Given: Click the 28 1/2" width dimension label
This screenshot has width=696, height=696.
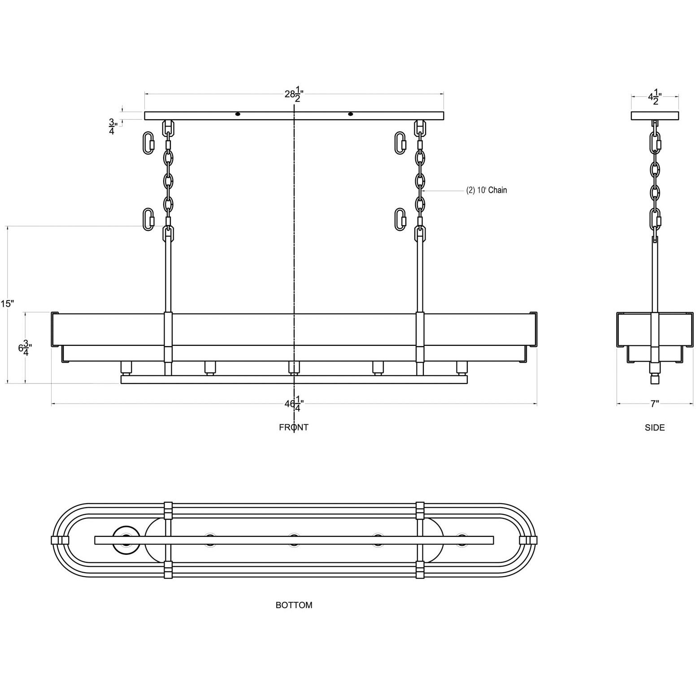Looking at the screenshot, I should click(294, 94).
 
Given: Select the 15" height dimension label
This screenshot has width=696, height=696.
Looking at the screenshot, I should click(7, 304).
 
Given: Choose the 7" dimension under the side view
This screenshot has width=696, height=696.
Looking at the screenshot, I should click(655, 404).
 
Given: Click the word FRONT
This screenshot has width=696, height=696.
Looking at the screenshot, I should click(294, 427).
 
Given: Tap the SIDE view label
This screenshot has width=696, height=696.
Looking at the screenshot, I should click(655, 428).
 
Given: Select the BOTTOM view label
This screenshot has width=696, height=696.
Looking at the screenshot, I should click(294, 605).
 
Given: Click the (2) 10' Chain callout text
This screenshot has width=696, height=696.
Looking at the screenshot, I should click(487, 190).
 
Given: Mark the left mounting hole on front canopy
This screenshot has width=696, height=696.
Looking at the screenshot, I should click(238, 114).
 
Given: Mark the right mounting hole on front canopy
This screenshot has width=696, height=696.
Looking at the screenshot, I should click(351, 114).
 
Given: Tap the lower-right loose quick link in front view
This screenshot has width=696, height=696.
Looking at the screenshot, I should click(400, 219).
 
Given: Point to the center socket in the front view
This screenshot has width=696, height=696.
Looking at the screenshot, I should click(294, 368).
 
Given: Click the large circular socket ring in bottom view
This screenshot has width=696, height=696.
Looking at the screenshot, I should click(126, 540).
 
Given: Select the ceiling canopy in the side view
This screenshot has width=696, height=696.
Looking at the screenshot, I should click(655, 116).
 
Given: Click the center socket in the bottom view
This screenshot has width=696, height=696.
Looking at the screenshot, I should click(294, 540).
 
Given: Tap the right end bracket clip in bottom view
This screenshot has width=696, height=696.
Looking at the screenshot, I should click(528, 540).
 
